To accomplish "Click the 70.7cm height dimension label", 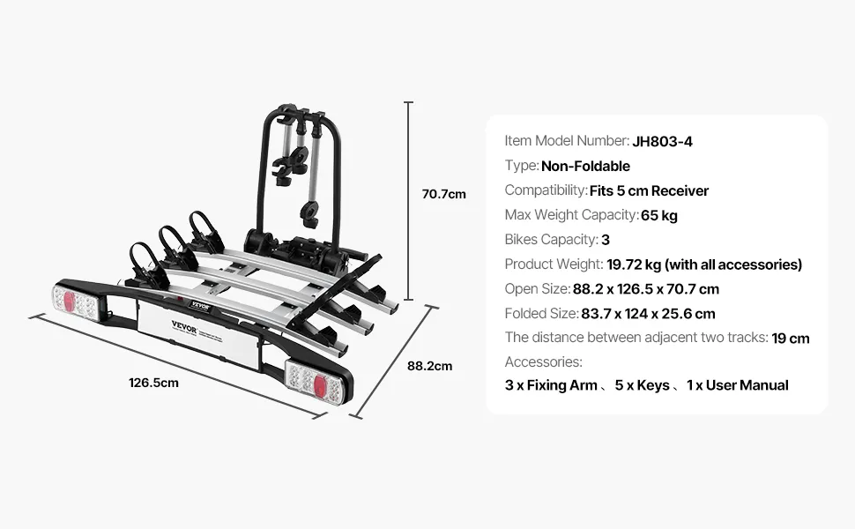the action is click(444, 194).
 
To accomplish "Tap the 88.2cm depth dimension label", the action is click(429, 366).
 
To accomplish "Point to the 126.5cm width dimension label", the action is click(153, 383).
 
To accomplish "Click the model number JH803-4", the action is click(663, 142).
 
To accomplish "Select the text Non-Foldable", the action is click(585, 166).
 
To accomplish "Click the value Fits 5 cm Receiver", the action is click(649, 190).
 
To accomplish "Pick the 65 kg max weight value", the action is click(659, 215).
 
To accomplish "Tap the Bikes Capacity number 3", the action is click(606, 240).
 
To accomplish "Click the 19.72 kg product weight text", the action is click(634, 264).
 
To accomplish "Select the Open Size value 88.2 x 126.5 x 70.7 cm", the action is click(646, 289).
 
